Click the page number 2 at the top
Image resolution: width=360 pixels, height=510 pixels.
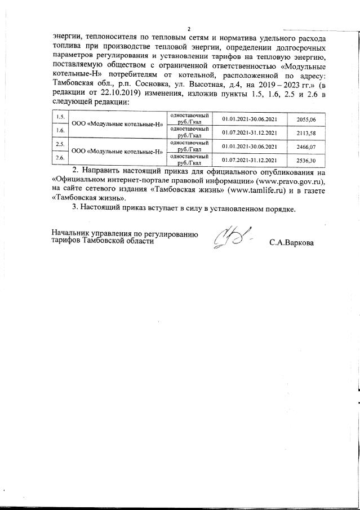[189, 29]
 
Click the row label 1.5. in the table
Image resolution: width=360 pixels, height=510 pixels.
[60, 117]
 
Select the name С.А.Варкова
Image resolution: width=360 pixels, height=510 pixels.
[291, 243]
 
